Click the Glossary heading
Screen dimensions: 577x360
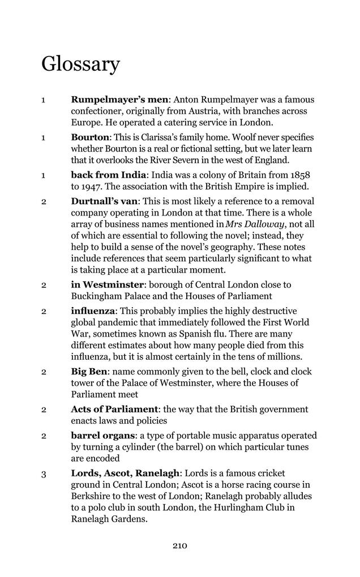tap(80, 64)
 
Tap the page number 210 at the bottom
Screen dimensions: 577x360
tap(179, 546)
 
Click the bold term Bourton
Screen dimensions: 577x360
tap(90, 137)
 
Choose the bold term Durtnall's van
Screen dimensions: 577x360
tap(105, 201)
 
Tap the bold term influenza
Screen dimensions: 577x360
tap(93, 311)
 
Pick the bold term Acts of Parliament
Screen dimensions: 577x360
tap(114, 409)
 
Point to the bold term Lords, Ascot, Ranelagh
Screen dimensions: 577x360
tap(125, 473)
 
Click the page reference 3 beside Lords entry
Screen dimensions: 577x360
tap(43, 474)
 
